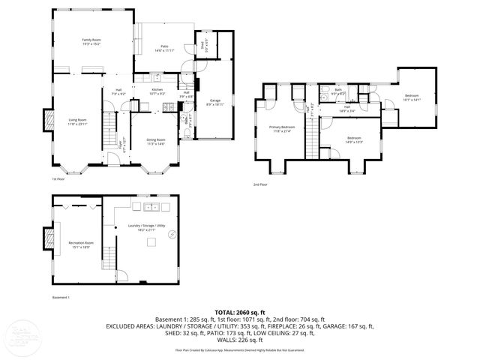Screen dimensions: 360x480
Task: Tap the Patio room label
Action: click(164, 48)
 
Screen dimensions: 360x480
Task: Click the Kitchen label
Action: click(157, 91)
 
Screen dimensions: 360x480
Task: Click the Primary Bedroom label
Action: click(282, 129)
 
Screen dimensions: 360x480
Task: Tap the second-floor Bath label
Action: click(337, 91)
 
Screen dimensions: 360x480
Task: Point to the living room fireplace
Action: click(49, 121)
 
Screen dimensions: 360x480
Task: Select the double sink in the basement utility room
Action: click(145, 204)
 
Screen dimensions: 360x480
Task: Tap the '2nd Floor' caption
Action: click(259, 184)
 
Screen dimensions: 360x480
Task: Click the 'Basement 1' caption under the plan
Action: click(61, 298)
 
